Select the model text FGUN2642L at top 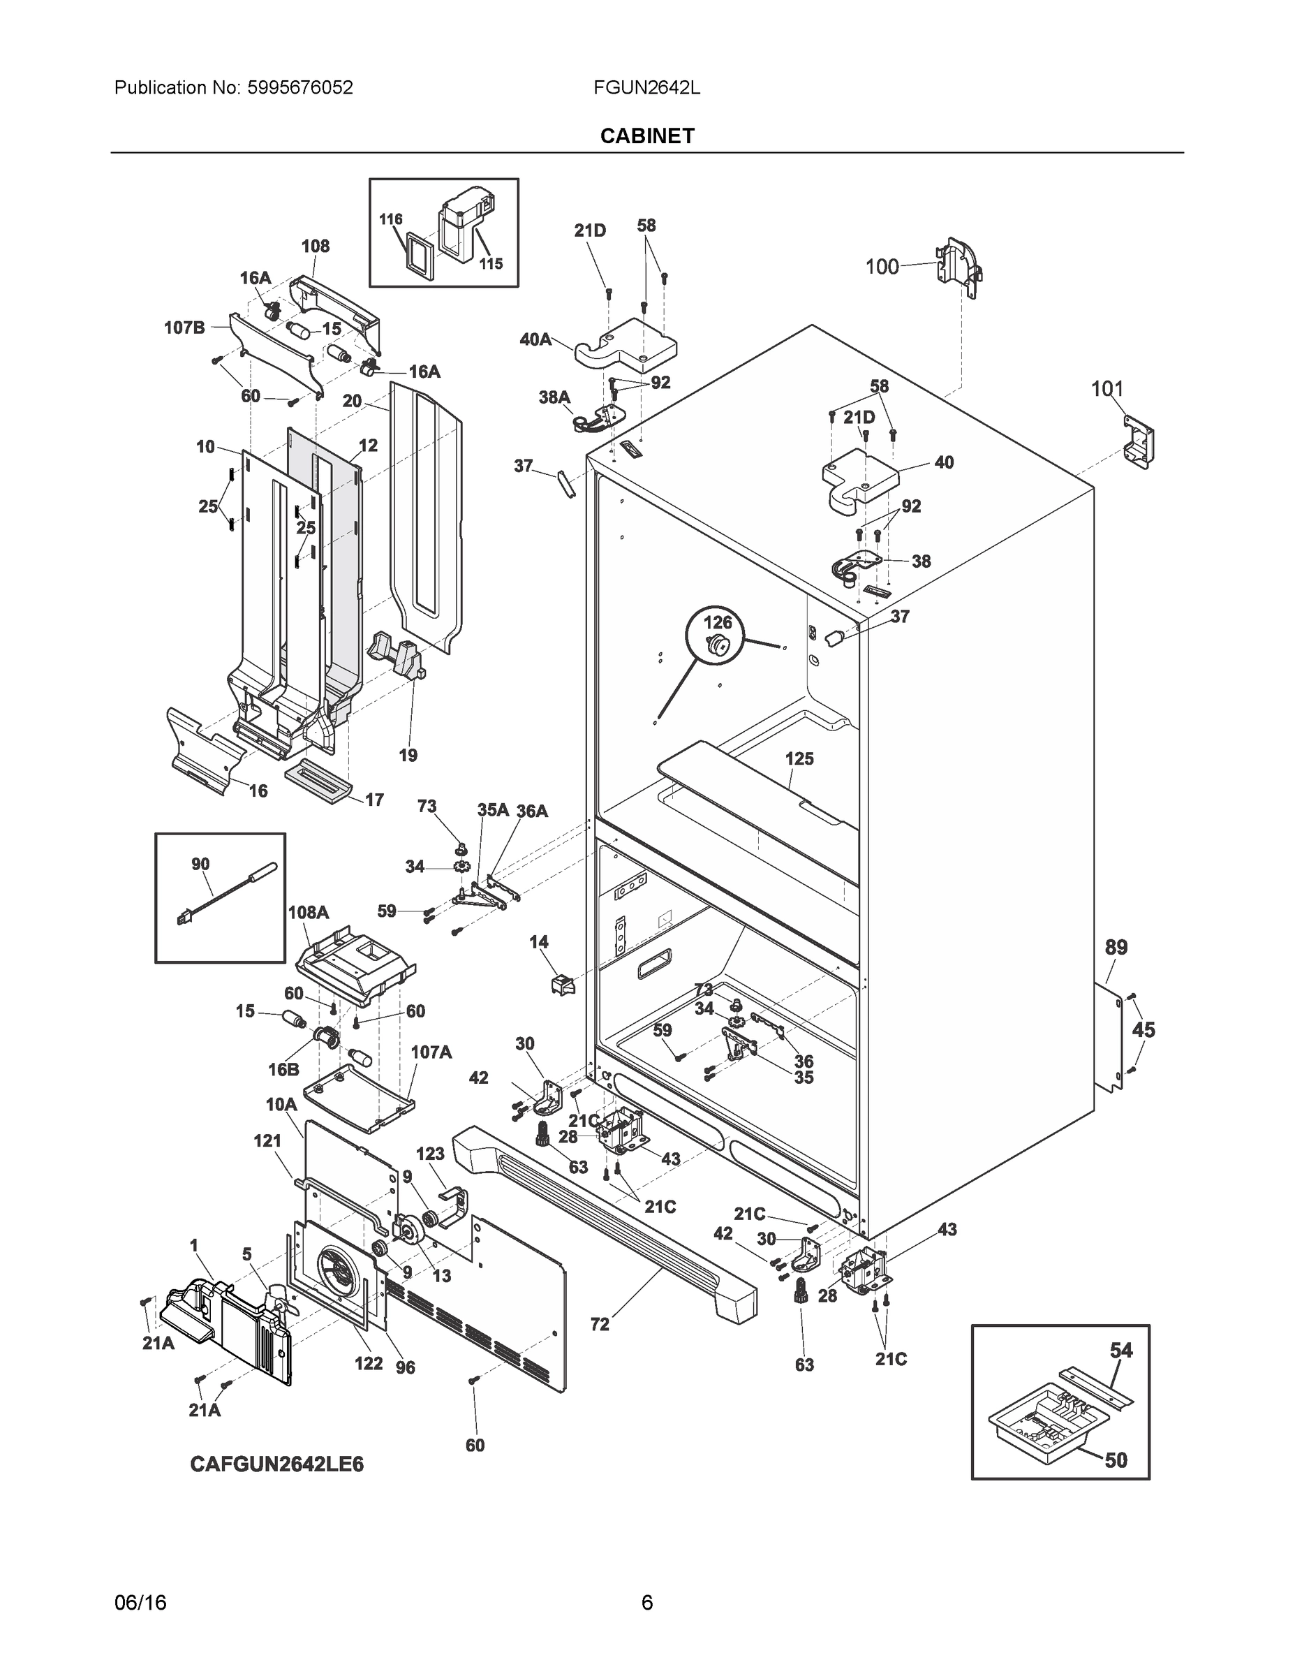[646, 87]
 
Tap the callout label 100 [882, 266]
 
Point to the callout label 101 [1107, 389]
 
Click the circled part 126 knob [718, 644]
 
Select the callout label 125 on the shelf [799, 758]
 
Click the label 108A [308, 913]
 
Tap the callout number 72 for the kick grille [600, 1324]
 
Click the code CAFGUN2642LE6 [276, 1464]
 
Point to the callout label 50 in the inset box [1116, 1460]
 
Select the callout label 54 [1121, 1350]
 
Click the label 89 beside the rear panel [1116, 947]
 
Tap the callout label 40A [535, 339]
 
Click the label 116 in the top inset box [390, 219]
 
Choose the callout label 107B [184, 328]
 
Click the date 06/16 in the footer [140, 1603]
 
